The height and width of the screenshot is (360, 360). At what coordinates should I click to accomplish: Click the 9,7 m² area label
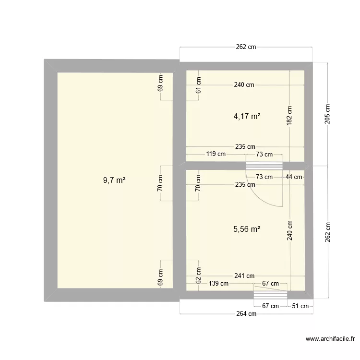point(114,180)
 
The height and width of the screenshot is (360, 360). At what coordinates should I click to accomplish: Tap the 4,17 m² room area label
point(247,116)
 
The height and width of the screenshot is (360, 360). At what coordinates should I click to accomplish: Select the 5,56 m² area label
point(247,229)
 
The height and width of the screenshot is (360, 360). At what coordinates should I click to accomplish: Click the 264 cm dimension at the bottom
point(245,314)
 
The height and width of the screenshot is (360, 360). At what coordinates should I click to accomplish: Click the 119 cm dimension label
point(216,154)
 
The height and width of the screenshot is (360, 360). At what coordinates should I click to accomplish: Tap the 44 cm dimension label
point(294,177)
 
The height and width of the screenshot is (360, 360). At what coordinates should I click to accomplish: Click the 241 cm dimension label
point(244,276)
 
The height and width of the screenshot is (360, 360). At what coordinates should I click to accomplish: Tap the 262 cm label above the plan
point(246,47)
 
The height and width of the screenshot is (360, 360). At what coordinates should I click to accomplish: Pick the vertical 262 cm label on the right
point(327,232)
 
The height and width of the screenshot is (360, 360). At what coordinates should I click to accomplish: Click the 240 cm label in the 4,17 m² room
point(244,85)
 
